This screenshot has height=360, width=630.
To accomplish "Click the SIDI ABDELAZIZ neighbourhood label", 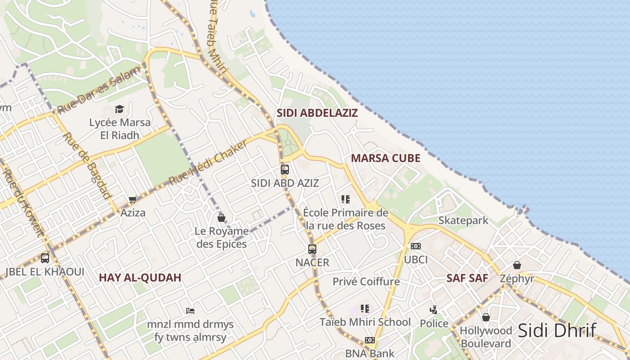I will point(317,113).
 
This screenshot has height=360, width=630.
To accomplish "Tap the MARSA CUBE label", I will point(386,158).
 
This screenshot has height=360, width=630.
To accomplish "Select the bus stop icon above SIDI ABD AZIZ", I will point(285,170).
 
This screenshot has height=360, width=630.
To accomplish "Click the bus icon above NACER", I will point(312,249).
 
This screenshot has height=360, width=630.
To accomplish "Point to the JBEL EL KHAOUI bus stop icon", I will point(45,258).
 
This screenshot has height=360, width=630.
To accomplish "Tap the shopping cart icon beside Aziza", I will point(132,199).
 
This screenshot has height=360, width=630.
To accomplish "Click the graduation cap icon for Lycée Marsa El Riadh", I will point(119,109).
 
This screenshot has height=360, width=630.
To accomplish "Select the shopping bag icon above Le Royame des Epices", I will point(221,218).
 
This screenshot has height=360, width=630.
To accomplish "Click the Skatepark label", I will point(463,220).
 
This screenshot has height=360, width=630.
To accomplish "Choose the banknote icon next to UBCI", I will point(416,246).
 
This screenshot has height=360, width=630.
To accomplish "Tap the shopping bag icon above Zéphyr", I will point(517,265).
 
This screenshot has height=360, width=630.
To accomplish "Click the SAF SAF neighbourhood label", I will point(467,278).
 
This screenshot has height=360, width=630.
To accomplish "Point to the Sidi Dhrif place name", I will point(557,330).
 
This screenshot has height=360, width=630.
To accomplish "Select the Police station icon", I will point(433,310).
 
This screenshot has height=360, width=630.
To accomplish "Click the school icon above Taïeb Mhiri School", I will point(365,309).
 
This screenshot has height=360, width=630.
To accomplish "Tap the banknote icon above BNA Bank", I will point(370,340).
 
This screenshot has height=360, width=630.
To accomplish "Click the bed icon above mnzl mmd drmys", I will point(190,310).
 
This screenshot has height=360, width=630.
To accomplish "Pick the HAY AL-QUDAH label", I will point(140,278).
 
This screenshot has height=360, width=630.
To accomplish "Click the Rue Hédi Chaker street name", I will point(208,162).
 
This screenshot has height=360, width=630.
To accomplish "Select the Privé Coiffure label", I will point(366,282).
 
